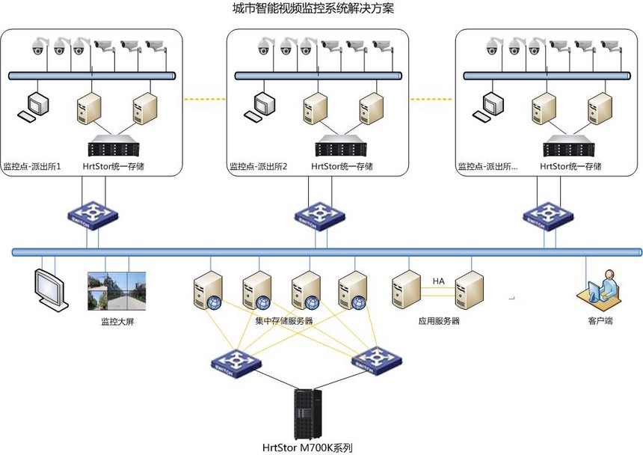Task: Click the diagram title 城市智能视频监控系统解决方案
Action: pyautogui.click(x=313, y=10)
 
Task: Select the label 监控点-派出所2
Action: pyautogui.click(x=257, y=166)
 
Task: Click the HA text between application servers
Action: pyautogui.click(x=438, y=281)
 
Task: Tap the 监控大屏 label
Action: pyautogui.click(x=117, y=322)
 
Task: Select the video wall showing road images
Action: pyautogui.click(x=117, y=291)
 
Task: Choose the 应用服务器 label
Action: pyautogui.click(x=439, y=321)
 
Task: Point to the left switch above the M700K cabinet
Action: pyautogui.click(x=236, y=364)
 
